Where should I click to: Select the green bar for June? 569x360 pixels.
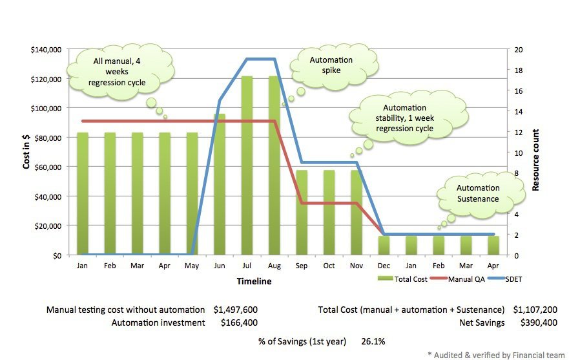[220, 185]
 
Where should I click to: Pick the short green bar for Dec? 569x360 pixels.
[383, 245]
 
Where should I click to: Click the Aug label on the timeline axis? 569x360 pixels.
[274, 266]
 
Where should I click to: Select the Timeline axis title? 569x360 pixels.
[254, 281]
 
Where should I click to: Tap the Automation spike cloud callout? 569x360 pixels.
[331, 65]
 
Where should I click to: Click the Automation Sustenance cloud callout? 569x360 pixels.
[477, 193]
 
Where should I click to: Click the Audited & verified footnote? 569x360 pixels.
[495, 355]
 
